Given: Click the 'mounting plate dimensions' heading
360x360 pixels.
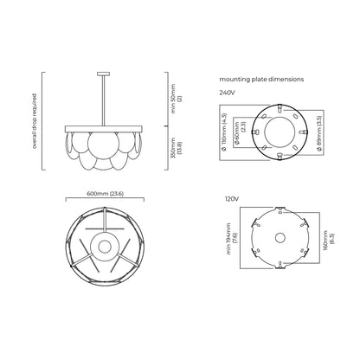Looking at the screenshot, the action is [261, 80].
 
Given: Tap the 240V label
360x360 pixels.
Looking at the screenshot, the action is [227, 93].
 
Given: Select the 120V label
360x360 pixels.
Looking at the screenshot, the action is [232, 199].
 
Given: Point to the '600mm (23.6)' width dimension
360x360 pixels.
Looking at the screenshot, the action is [105, 194].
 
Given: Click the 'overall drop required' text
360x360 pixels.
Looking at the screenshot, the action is [35, 121].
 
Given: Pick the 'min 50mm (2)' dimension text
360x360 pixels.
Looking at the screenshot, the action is [177, 99].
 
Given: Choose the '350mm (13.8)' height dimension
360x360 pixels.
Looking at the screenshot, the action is [177, 148].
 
